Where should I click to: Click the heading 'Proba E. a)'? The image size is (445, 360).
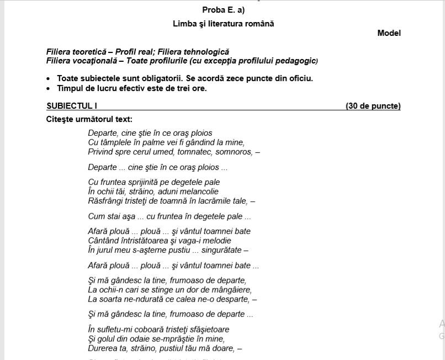coord(223,10)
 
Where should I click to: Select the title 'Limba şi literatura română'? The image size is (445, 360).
coord(223,24)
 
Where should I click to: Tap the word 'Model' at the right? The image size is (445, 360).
coord(389,33)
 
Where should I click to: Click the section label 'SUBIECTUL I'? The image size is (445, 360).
coord(72,106)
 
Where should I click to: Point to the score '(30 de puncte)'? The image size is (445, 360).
coord(373,106)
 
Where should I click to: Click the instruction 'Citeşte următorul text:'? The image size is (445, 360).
coord(89,119)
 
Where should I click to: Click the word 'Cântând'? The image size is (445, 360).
coord(104,241)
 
